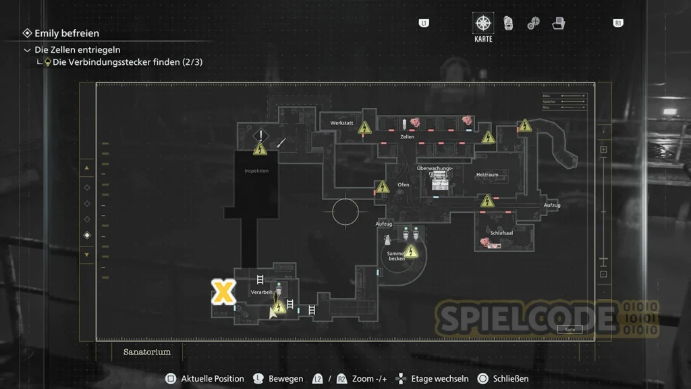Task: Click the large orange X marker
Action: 223,292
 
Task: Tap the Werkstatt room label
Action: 341,123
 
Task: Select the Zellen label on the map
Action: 407,136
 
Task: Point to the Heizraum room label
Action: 487,174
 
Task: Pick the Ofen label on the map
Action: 404,184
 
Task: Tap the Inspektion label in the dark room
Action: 256,171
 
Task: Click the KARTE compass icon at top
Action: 483,24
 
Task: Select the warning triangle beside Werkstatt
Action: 365,127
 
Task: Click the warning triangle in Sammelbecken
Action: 410,252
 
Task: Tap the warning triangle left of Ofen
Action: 383,186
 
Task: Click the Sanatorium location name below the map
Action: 147,352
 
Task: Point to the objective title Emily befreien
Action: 67,33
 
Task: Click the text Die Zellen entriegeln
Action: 78,50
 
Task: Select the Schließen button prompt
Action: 510,379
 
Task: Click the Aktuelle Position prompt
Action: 212,379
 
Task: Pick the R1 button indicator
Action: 617,23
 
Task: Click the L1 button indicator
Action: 424,23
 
